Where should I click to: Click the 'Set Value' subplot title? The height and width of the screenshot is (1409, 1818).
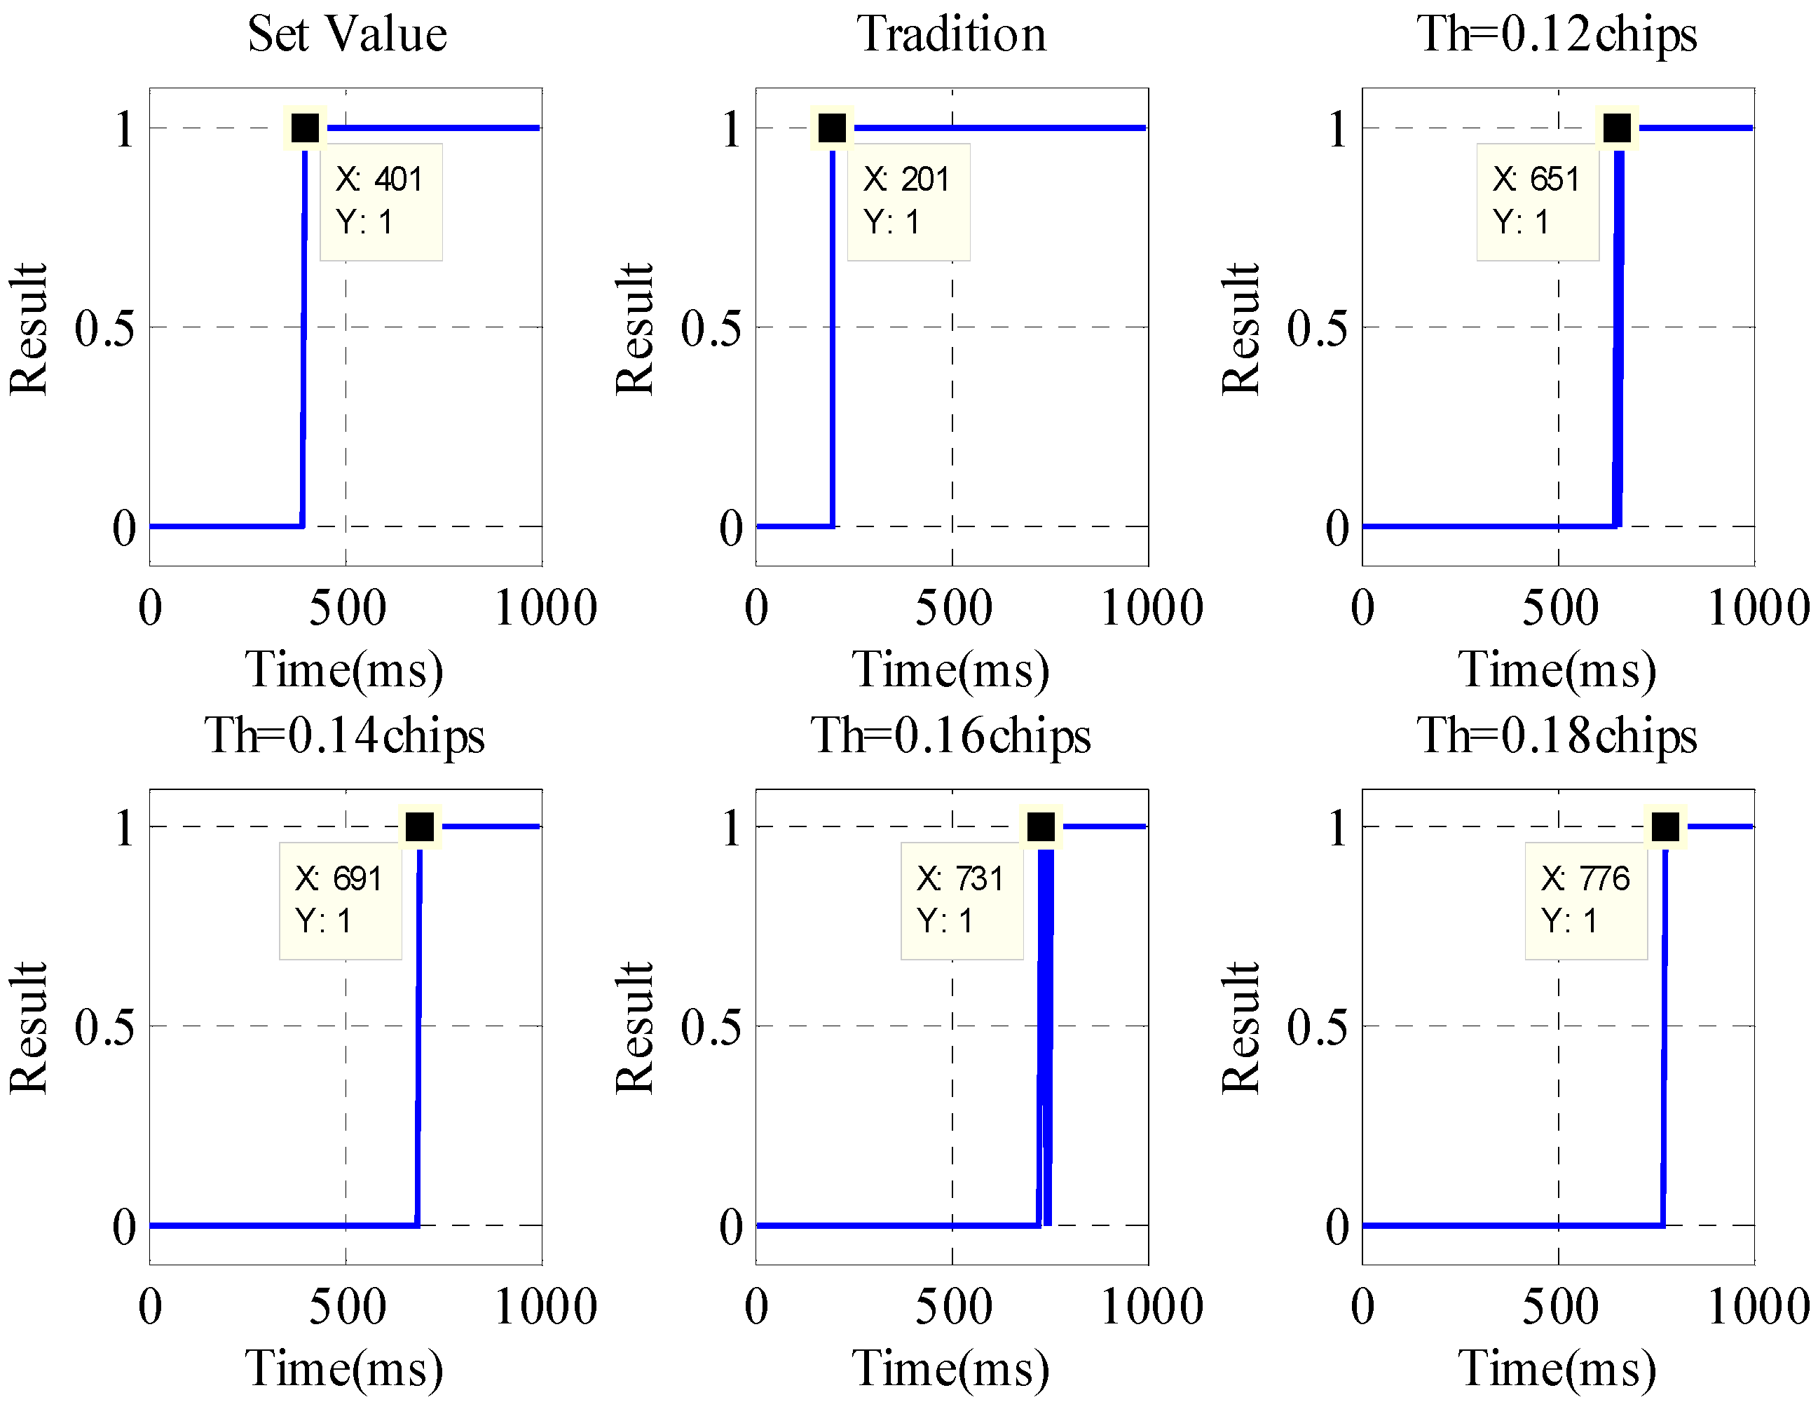tap(347, 35)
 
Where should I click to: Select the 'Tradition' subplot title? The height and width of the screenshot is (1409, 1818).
tap(952, 35)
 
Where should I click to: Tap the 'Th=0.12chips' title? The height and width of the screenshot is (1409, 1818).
tap(1557, 35)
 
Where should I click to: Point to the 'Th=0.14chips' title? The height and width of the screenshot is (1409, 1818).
tap(345, 736)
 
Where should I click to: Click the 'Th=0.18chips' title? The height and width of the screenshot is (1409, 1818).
tap(1557, 736)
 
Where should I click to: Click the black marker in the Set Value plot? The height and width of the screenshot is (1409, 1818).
tap(306, 128)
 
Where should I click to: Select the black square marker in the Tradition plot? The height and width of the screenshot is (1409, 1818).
tap(833, 128)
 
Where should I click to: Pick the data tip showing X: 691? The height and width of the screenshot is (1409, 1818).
tap(341, 901)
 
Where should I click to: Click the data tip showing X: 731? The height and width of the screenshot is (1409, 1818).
tap(962, 901)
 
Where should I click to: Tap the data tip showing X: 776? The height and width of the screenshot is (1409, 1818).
tap(1586, 901)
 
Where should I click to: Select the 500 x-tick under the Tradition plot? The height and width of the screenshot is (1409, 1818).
tap(953, 608)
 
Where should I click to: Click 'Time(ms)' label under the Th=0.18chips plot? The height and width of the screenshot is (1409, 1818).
tap(1557, 1369)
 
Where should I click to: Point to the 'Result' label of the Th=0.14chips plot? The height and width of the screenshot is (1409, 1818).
tap(30, 1028)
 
